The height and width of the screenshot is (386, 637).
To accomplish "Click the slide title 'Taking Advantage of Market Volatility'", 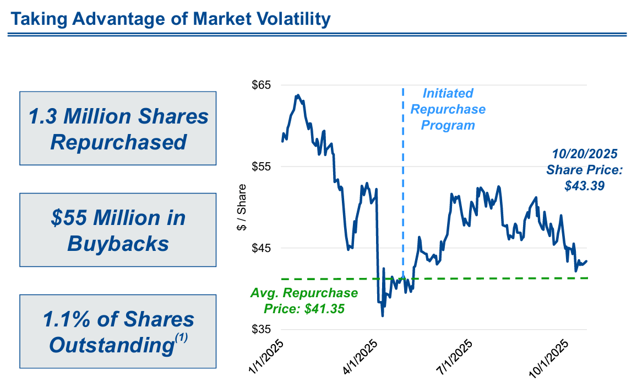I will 171,19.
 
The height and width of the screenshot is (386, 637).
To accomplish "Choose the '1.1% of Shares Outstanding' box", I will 118,332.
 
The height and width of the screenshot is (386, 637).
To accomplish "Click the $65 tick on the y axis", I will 262,85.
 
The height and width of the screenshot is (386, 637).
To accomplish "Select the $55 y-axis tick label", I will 262,167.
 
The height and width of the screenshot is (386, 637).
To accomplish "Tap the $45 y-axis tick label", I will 262,248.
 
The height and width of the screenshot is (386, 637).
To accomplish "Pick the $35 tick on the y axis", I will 262,329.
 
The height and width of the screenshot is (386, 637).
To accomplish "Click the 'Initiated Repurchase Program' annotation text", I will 448,109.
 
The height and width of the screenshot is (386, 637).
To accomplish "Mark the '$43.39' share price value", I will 584,186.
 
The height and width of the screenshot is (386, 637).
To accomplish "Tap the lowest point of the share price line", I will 382,315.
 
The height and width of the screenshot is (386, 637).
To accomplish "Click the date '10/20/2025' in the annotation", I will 584,153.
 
